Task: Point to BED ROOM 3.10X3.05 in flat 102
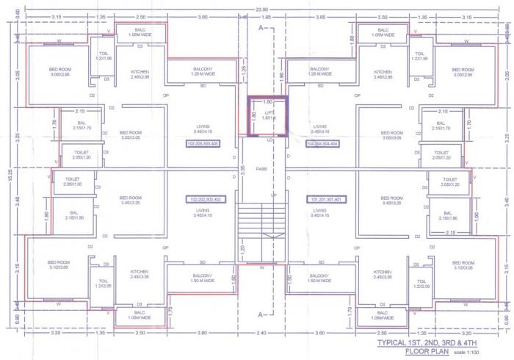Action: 58,264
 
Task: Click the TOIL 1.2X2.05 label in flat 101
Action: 421,283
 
